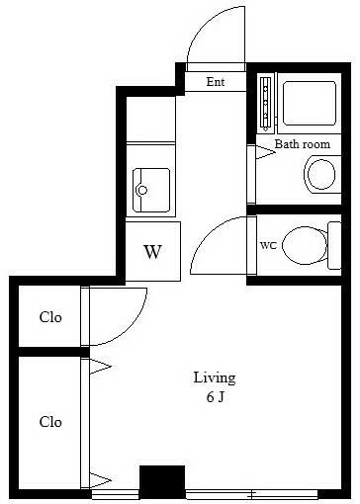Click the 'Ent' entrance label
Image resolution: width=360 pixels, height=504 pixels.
click(215, 82)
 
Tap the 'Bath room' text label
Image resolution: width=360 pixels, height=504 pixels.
click(302, 144)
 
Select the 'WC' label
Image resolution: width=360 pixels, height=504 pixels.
click(267, 244)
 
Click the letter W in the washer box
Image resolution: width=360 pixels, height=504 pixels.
click(152, 251)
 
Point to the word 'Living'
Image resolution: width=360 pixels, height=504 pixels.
click(214, 378)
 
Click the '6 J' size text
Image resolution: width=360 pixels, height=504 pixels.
click(214, 396)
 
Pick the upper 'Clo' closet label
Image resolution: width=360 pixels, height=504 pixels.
click(50, 318)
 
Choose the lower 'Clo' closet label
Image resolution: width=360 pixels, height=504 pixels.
click(50, 422)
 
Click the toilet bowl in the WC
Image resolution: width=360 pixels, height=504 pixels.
click(306, 245)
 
